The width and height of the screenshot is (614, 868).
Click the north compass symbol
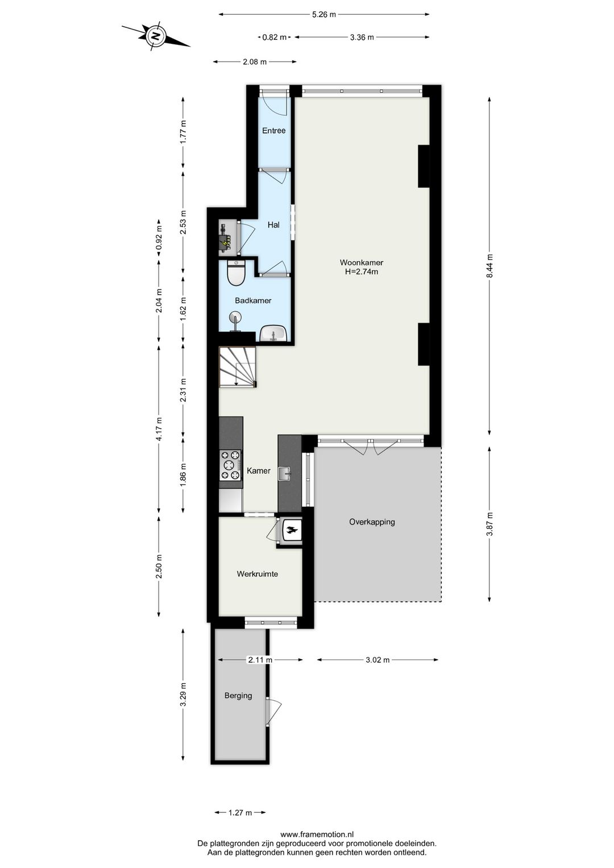(x=155, y=36)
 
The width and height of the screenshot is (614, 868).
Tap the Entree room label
(x=273, y=131)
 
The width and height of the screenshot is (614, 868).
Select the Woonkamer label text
(x=362, y=263)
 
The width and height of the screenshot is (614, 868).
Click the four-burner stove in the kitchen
(x=231, y=465)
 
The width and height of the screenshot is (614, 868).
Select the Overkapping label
(x=372, y=522)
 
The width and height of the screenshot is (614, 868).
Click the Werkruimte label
(x=258, y=574)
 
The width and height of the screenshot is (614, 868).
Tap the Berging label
(x=238, y=696)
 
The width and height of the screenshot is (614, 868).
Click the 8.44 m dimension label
(x=489, y=266)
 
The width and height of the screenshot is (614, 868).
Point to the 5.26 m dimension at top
(x=323, y=15)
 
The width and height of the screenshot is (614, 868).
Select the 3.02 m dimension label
(x=377, y=660)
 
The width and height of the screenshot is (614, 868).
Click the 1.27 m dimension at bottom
(x=240, y=813)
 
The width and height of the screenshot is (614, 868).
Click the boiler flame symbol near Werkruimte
(x=292, y=531)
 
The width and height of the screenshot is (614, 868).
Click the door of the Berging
(x=273, y=712)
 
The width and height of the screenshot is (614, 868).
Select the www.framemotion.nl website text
(x=317, y=834)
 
